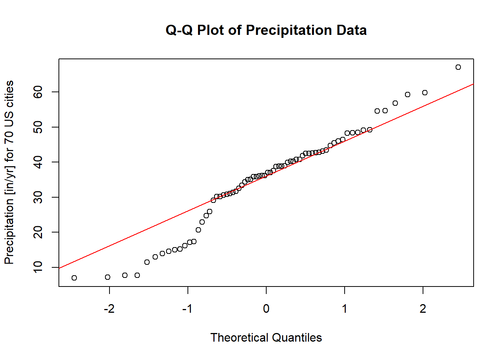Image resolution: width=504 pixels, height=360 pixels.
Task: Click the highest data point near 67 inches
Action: tap(458, 67)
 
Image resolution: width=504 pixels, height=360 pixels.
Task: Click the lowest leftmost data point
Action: tap(74, 278)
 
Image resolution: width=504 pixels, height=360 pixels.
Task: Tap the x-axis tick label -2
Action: tap(109, 309)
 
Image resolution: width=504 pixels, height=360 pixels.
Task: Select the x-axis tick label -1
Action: tap(187, 309)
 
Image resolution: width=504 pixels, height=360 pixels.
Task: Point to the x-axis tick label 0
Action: tap(266, 309)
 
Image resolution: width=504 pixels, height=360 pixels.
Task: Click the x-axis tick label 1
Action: tap(344, 309)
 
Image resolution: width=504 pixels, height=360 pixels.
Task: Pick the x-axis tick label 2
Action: tap(423, 309)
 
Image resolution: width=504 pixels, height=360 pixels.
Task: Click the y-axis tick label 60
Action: tap(38, 92)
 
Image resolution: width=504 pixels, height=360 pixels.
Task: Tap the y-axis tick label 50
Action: tap(38, 127)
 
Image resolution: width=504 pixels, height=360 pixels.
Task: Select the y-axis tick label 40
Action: tap(38, 162)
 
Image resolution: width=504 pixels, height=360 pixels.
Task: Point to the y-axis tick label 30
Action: tap(38, 197)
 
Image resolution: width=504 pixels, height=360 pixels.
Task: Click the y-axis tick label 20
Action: tap(38, 232)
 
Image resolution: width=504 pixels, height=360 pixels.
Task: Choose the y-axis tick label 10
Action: tap(38, 267)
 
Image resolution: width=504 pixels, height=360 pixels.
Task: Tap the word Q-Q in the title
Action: tap(179, 30)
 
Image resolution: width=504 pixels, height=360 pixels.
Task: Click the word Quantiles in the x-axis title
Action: tap(297, 337)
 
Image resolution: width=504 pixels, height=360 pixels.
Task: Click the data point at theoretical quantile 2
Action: tap(424, 93)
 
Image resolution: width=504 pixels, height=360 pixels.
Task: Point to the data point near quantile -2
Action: tap(108, 277)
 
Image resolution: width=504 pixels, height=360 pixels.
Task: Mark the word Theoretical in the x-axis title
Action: tap(239, 337)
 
